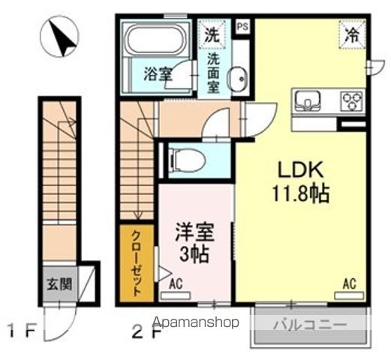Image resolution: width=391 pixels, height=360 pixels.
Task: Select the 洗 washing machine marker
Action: (x=213, y=33)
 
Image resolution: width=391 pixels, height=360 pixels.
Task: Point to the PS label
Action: (x=242, y=27)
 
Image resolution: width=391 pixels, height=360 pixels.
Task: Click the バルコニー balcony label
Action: (x=309, y=325)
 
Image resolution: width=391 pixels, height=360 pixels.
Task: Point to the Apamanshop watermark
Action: (x=197, y=322)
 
